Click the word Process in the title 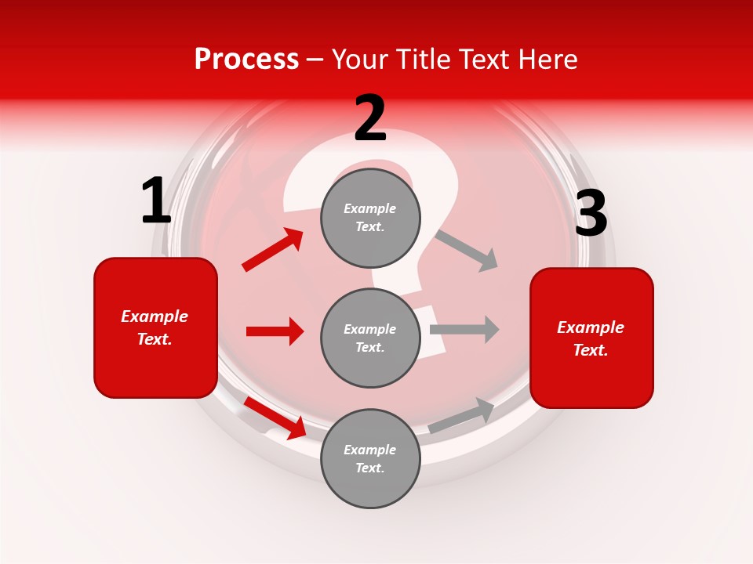click(246, 60)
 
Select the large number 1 click(156, 201)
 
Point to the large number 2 click(370, 119)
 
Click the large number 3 click(591, 214)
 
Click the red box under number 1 click(155, 327)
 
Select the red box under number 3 click(591, 338)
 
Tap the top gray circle click(370, 218)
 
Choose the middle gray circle click(370, 338)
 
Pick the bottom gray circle click(370, 458)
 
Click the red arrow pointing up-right click(273, 249)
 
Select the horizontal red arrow click(275, 331)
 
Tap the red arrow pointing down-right click(275, 417)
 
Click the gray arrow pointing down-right click(467, 251)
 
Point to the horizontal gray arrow click(464, 329)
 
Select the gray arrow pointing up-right click(462, 415)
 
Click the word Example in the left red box click(155, 316)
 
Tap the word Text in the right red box click(589, 350)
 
